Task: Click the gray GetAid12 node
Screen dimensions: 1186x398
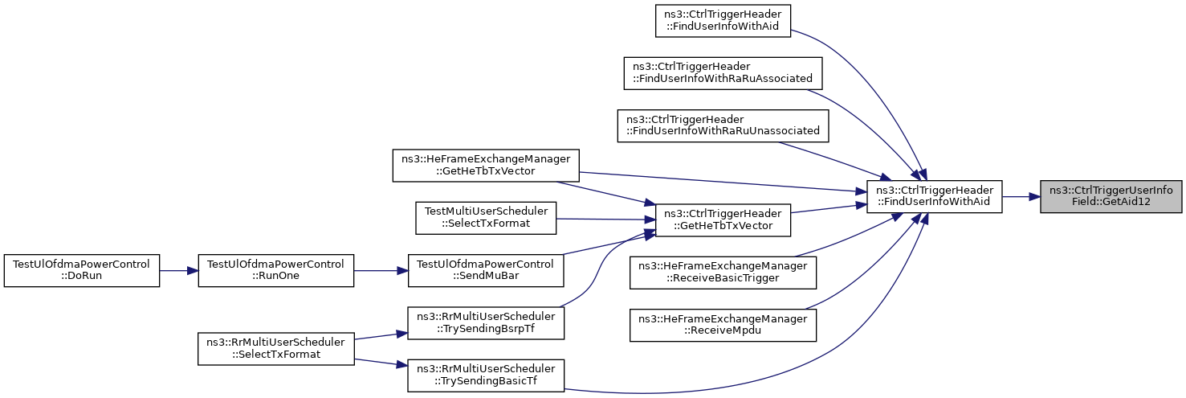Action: point(1111,197)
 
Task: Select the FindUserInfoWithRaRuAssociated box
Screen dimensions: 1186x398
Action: point(723,73)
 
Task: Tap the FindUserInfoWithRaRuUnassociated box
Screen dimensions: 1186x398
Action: point(723,125)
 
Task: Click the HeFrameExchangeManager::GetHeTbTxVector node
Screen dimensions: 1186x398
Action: point(486,166)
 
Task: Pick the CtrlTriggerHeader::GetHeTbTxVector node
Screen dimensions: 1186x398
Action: point(723,220)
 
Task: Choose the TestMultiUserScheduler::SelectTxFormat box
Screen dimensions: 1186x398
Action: point(486,218)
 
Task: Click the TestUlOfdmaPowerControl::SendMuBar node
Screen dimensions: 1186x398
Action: point(486,270)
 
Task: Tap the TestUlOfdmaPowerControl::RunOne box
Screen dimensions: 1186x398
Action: point(276,270)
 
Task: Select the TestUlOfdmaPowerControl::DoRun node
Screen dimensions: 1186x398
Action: point(82,270)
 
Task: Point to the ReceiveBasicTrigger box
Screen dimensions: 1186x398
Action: point(723,273)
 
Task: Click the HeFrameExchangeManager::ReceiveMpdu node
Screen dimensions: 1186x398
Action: point(723,325)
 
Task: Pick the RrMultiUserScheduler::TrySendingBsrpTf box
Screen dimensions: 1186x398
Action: point(486,322)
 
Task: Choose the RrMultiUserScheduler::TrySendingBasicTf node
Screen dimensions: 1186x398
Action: point(486,375)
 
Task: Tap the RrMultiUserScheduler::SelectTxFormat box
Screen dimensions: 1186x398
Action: point(276,349)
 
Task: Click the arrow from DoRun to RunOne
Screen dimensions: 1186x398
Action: point(179,271)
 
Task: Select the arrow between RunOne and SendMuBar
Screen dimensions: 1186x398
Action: point(381,271)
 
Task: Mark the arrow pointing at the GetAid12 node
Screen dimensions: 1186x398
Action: point(1021,197)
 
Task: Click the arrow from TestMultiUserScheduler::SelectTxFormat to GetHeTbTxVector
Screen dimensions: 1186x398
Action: point(605,219)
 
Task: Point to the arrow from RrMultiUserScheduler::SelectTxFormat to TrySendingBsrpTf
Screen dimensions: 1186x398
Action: point(381,336)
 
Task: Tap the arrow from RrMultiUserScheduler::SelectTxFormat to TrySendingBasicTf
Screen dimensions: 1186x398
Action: point(381,362)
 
